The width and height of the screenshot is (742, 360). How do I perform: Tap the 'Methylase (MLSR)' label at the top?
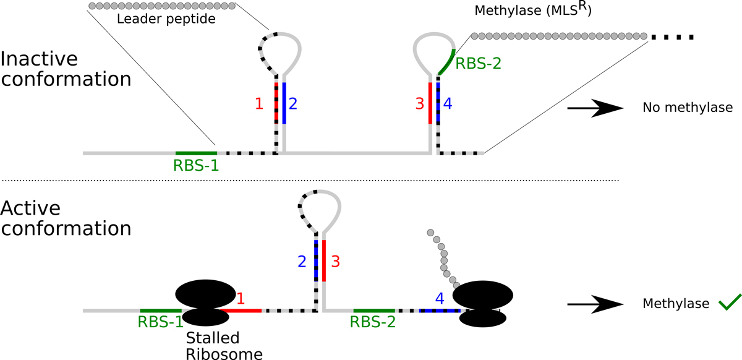click(x=532, y=11)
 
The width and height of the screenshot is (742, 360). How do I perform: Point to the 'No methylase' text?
click(x=687, y=108)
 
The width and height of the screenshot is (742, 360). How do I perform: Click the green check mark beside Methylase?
click(x=729, y=302)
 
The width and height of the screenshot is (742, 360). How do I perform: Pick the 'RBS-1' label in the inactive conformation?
click(x=197, y=166)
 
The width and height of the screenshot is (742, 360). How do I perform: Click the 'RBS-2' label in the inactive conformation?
click(x=477, y=62)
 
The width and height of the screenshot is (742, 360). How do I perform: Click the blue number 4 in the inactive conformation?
click(x=448, y=104)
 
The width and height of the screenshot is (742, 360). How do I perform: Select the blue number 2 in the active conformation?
click(x=302, y=262)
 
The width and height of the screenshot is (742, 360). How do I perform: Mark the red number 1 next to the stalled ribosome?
click(x=241, y=298)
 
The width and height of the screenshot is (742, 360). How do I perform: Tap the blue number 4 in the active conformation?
click(x=440, y=298)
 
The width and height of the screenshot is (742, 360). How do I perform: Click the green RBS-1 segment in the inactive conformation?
click(x=196, y=152)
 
